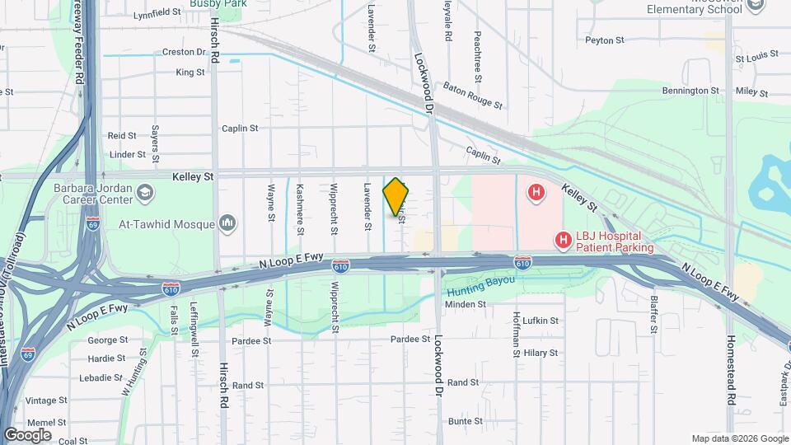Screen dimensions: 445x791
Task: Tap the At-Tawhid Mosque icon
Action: click(228, 223)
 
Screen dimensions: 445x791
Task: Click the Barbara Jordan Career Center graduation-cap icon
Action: click(146, 192)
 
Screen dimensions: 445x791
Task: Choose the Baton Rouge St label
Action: click(472, 94)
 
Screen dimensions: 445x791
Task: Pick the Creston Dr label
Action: click(183, 51)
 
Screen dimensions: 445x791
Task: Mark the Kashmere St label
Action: click(300, 202)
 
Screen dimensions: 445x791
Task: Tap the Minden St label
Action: click(466, 304)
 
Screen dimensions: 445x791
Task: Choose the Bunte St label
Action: click(466, 421)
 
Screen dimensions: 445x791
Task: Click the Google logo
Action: click(27, 434)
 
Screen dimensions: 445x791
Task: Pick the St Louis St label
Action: click(756, 59)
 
